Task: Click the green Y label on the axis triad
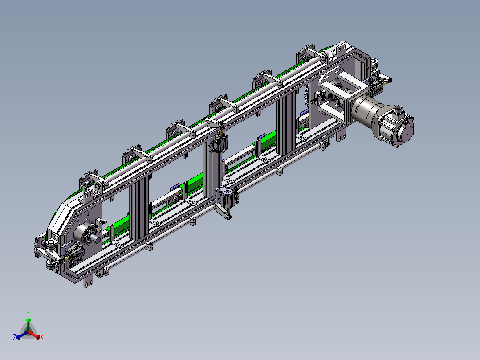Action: click(28, 313)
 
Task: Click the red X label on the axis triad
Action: click(42, 337)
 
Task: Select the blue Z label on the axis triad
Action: click(14, 337)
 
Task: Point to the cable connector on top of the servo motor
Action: click(398, 109)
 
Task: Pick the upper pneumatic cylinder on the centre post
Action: click(220, 143)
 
